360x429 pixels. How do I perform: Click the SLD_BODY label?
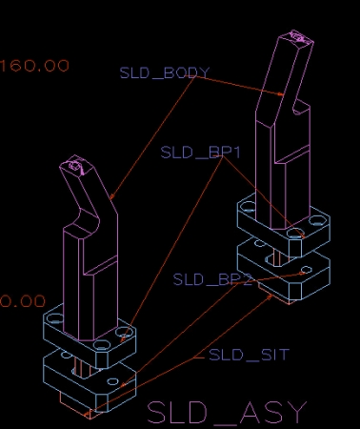click(x=165, y=72)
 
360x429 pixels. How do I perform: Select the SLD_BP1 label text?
click(x=200, y=153)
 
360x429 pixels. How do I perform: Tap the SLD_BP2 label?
click(x=212, y=279)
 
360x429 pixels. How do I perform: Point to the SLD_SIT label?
click(x=249, y=355)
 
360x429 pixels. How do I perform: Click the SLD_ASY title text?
click(x=228, y=412)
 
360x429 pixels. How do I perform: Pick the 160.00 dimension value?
click(x=34, y=66)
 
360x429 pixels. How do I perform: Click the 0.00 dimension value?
click(x=22, y=301)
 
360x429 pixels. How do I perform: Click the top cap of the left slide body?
click(x=75, y=165)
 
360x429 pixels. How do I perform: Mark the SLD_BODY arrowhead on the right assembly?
click(x=280, y=93)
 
